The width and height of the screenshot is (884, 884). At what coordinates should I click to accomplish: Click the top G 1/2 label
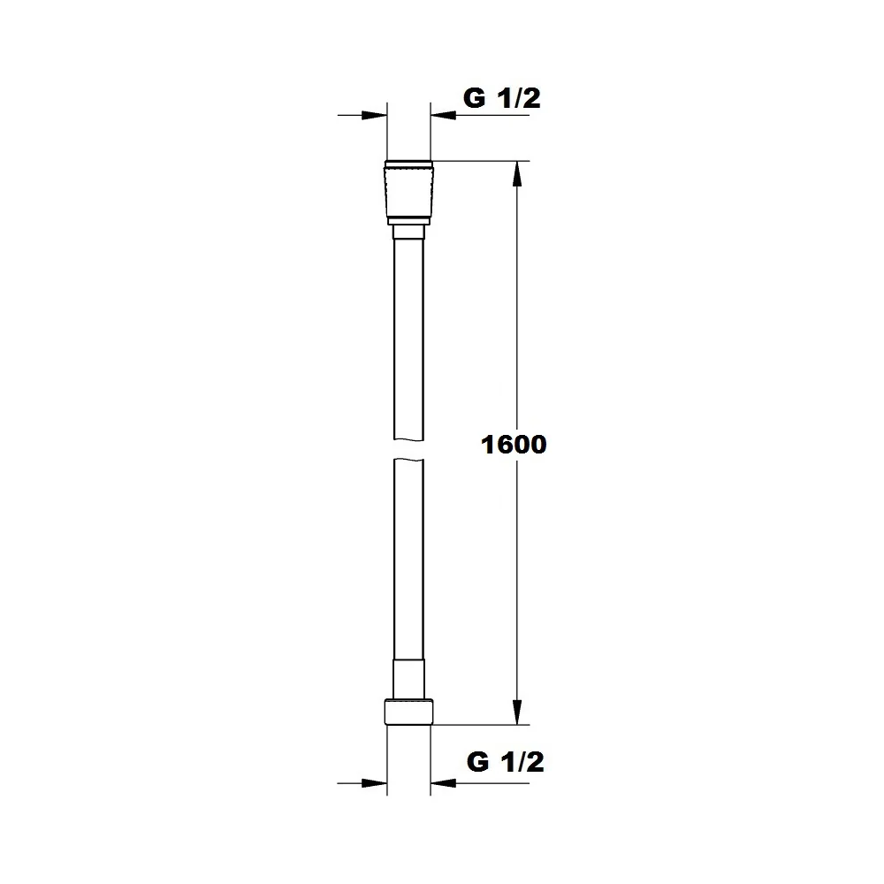tap(502, 98)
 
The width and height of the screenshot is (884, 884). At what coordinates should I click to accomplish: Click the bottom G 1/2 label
tap(505, 762)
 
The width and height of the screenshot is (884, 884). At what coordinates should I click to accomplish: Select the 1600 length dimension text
tap(514, 445)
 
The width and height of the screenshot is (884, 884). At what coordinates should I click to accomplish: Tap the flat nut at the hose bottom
tap(408, 712)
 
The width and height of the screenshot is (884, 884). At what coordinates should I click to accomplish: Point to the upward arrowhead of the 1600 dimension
tap(517, 173)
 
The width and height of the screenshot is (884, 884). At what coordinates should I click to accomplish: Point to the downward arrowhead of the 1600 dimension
tap(517, 712)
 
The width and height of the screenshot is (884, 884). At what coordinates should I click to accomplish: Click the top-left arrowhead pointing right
tap(374, 116)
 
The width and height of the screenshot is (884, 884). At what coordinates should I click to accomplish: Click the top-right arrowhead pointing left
tap(443, 116)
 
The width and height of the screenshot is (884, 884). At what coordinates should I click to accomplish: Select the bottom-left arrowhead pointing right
tap(374, 783)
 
